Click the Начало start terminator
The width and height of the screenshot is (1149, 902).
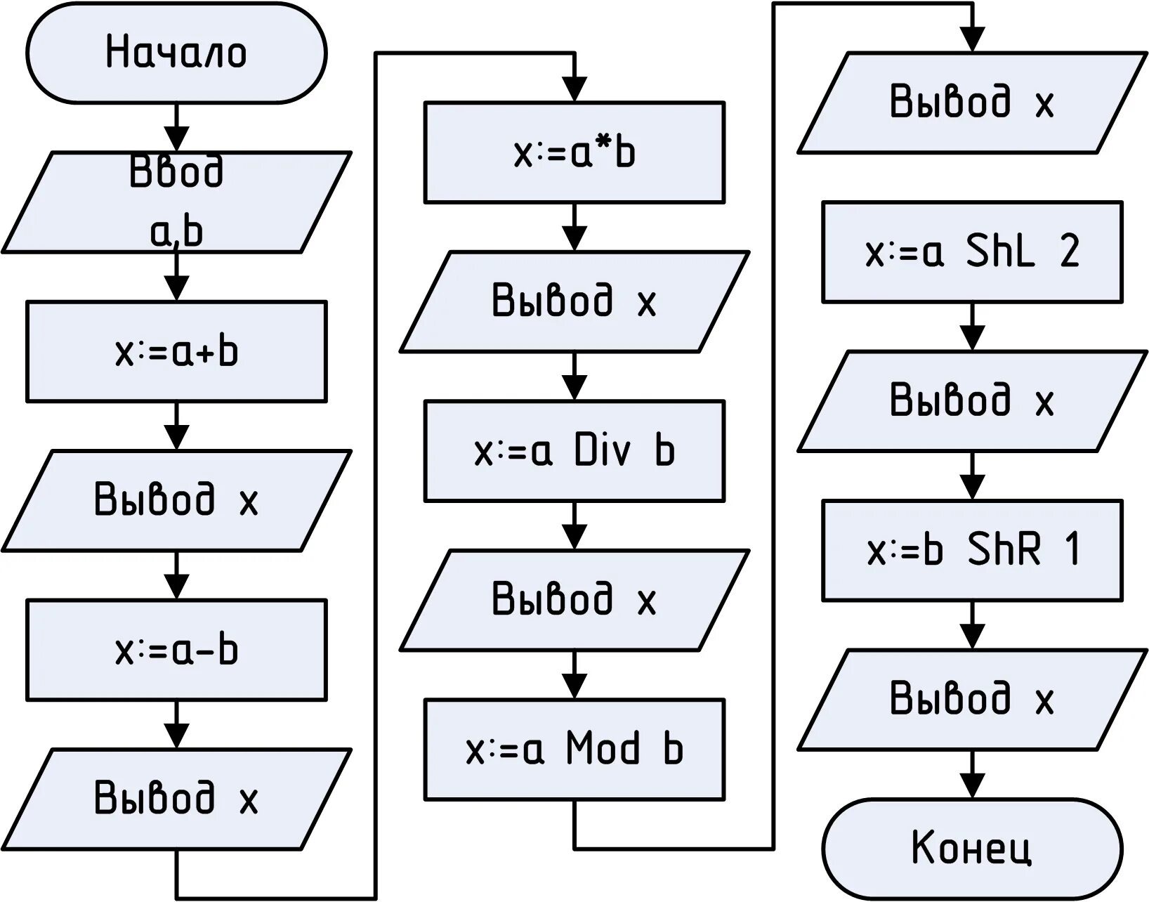pos(176,53)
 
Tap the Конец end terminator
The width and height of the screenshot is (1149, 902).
pos(972,848)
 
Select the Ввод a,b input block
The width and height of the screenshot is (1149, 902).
pos(176,202)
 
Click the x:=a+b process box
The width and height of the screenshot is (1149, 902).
pos(176,351)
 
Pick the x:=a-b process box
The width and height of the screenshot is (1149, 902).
pos(176,650)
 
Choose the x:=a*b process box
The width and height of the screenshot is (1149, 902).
pos(574,152)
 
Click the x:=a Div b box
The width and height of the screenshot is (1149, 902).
pos(574,451)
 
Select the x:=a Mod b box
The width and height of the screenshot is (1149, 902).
pos(574,749)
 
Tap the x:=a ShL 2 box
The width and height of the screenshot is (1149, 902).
pos(972,252)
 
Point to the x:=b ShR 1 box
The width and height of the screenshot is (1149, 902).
pos(972,550)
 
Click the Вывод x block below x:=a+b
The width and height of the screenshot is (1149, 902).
pos(176,500)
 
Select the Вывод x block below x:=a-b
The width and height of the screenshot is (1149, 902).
pos(176,799)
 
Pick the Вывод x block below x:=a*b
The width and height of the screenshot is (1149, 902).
pos(574,301)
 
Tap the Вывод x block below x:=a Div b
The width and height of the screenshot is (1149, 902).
pos(574,599)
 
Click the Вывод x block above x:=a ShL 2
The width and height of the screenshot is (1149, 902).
pos(972,103)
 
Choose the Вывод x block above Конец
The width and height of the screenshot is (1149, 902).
pos(972,699)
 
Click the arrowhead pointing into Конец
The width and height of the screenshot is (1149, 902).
pos(972,785)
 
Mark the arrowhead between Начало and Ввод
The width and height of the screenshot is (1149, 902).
pos(176,139)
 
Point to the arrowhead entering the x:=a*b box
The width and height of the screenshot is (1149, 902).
pos(574,89)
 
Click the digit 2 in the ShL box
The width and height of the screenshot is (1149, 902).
pos(1069,251)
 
